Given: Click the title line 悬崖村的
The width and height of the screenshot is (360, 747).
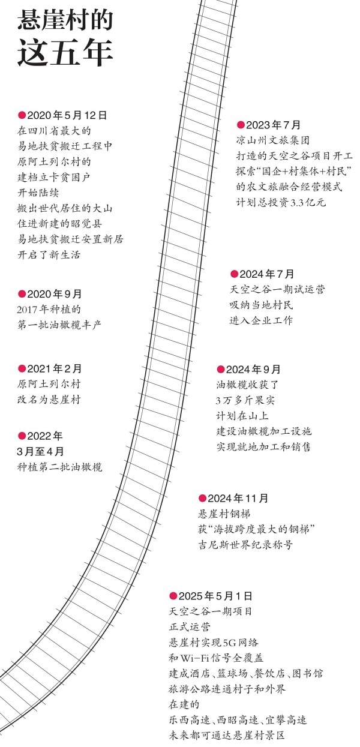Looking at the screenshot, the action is pos(65,20).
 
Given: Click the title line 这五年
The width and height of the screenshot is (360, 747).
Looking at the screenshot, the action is pos(65,53).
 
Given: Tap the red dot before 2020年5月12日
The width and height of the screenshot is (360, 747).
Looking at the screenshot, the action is pos(22,115).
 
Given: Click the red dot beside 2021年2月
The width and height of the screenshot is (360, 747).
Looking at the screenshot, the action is pos(22,368).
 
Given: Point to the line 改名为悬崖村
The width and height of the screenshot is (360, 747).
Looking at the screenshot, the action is pos(49,399).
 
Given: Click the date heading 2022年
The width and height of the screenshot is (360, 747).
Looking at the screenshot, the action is pos(45,436).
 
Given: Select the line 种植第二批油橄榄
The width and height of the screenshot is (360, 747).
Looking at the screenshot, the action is pos(59,467).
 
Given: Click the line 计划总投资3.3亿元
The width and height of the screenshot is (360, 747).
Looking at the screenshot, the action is pos(281,202).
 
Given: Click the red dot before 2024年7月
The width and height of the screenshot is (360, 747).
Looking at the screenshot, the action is pos(235,274).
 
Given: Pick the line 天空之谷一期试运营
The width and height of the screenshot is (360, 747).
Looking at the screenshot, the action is pos(277,289).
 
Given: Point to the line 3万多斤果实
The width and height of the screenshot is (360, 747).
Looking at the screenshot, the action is pos(245,400).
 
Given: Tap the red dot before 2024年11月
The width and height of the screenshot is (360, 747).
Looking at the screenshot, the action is pos(202,498).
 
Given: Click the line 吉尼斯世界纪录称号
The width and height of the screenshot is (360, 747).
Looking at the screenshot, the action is pos(245,545).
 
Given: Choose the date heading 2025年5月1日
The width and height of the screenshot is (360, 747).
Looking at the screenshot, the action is pos(215,596).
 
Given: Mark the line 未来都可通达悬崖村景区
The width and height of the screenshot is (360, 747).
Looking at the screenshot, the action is pos(227,735).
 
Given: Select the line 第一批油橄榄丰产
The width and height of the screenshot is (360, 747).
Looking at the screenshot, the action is pos(59,325).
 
